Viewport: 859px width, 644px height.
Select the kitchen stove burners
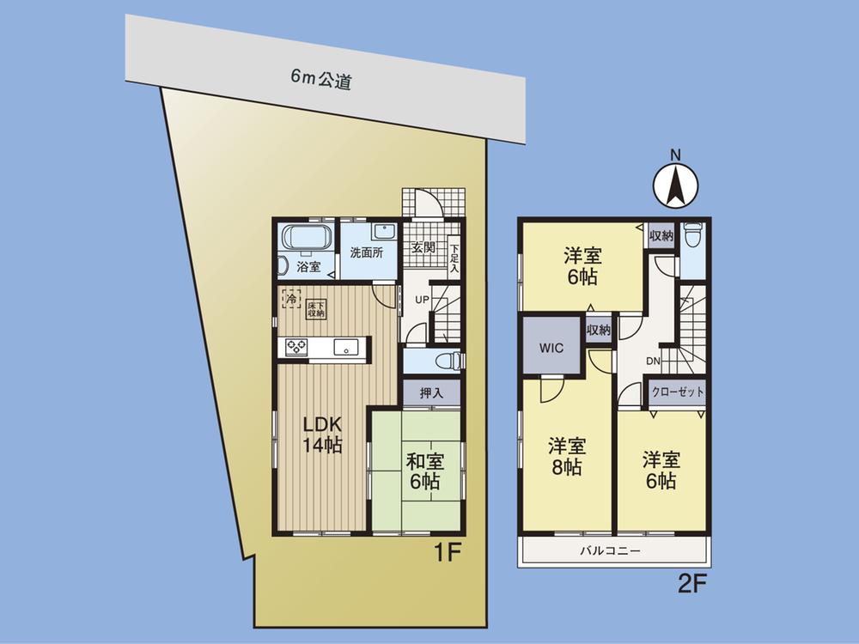297,347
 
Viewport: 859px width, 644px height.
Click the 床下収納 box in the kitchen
314,307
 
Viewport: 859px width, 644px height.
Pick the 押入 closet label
432,394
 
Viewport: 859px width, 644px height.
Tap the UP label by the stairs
423,300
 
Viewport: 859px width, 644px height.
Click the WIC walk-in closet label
551,349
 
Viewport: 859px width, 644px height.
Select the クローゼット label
678,392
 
